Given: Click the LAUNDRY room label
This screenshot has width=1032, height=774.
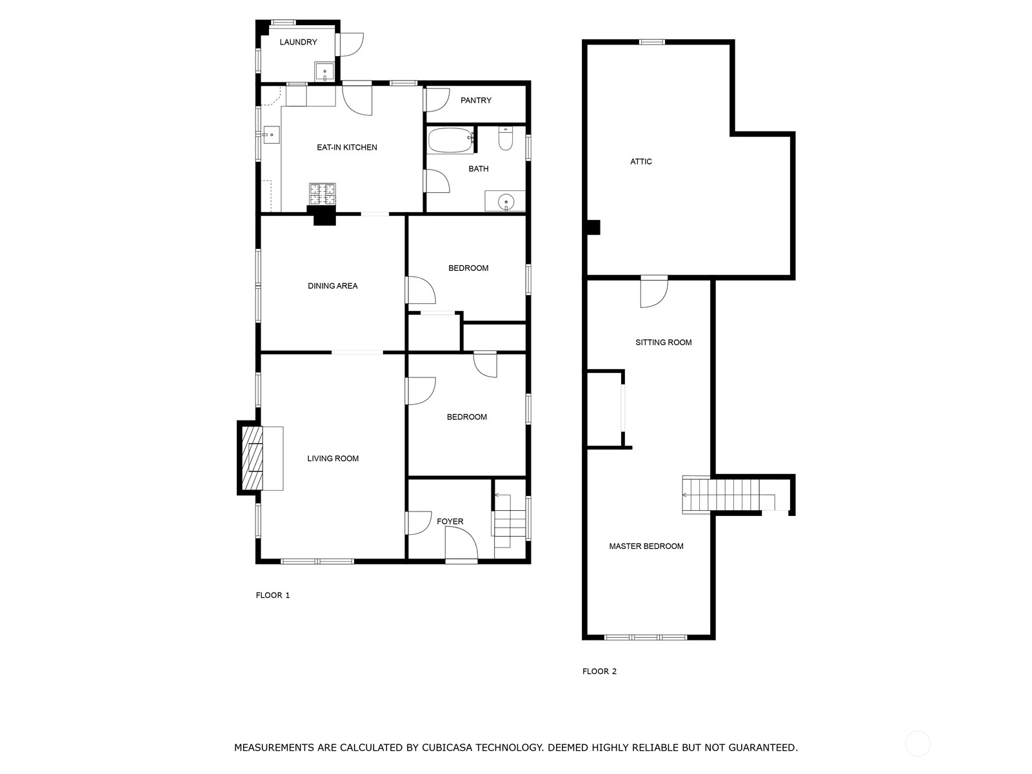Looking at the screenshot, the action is click(298, 43).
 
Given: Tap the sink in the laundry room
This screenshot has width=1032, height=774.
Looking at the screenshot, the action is click(324, 72).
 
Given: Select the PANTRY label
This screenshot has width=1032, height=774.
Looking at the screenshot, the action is click(476, 101).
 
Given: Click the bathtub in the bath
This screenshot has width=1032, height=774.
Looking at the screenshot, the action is click(451, 140).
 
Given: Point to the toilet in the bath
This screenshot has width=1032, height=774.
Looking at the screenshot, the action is click(506, 138).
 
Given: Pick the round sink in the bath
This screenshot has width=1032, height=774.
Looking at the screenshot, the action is click(506, 202).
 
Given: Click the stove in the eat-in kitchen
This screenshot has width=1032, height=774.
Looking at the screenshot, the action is click(322, 194).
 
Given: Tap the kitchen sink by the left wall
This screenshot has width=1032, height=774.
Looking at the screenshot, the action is click(272, 135).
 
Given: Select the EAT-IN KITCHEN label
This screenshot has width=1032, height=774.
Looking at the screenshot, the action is click(347, 148).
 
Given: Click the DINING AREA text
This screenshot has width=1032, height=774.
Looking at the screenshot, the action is click(332, 286).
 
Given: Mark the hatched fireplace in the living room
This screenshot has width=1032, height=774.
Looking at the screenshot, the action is click(252, 458).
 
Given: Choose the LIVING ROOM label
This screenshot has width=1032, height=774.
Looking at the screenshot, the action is click(333, 459).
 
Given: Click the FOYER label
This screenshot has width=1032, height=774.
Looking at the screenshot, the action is click(450, 522).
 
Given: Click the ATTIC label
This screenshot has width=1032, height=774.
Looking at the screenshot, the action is click(641, 162).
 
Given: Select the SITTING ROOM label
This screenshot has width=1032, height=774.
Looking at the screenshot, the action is click(664, 342).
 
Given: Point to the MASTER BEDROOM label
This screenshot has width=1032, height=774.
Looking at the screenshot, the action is click(646, 546).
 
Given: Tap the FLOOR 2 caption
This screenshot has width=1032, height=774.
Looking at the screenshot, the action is click(599, 671).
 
